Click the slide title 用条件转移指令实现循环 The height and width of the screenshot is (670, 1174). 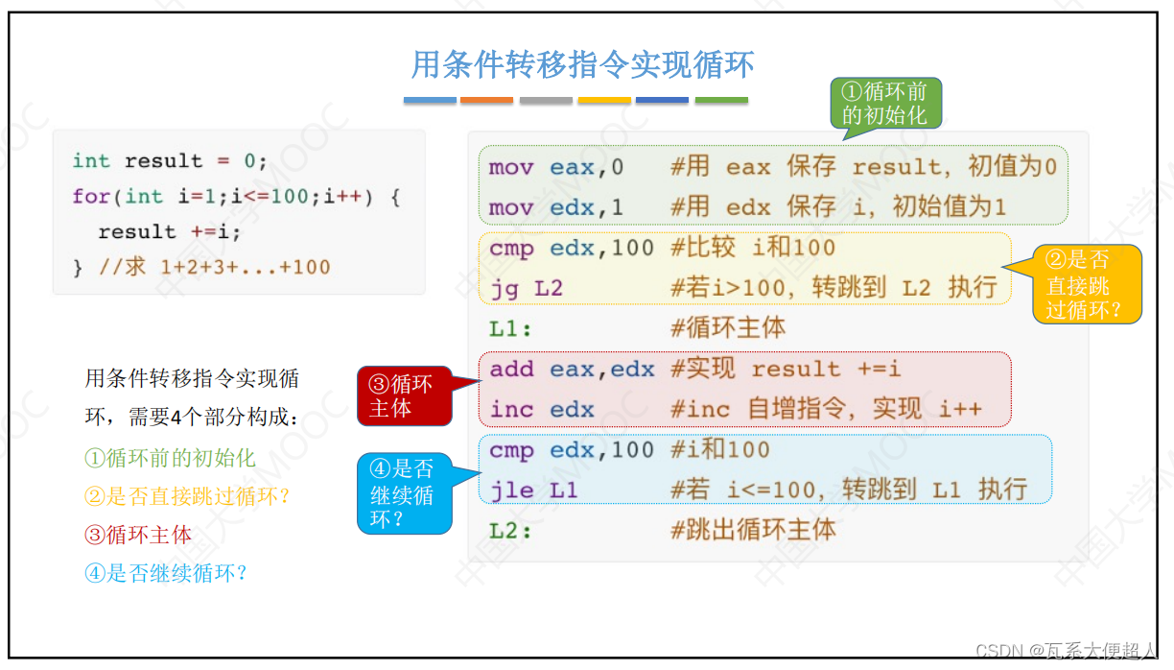pyautogui.click(x=582, y=64)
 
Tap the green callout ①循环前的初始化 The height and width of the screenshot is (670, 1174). pyautogui.click(x=884, y=104)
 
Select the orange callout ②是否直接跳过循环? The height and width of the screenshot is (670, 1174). pyautogui.click(x=1087, y=285)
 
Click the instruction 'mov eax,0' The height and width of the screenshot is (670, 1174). pyautogui.click(x=555, y=167)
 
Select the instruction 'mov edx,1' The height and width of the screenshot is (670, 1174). pyautogui.click(x=555, y=207)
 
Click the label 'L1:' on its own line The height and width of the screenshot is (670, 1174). pyautogui.click(x=510, y=328)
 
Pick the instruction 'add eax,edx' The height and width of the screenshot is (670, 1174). pyautogui.click(x=572, y=370)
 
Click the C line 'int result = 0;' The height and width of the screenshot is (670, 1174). pyautogui.click(x=169, y=160)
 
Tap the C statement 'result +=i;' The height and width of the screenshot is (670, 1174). pyautogui.click(x=169, y=232)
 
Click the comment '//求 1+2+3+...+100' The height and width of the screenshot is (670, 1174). pyautogui.click(x=214, y=267)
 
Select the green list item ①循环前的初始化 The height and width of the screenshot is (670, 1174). pyautogui.click(x=170, y=458)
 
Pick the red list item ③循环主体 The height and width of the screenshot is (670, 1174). pyautogui.click(x=138, y=535)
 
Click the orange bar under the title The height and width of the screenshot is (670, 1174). pyautogui.click(x=486, y=100)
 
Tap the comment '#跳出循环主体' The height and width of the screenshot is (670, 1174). pyautogui.click(x=753, y=530)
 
